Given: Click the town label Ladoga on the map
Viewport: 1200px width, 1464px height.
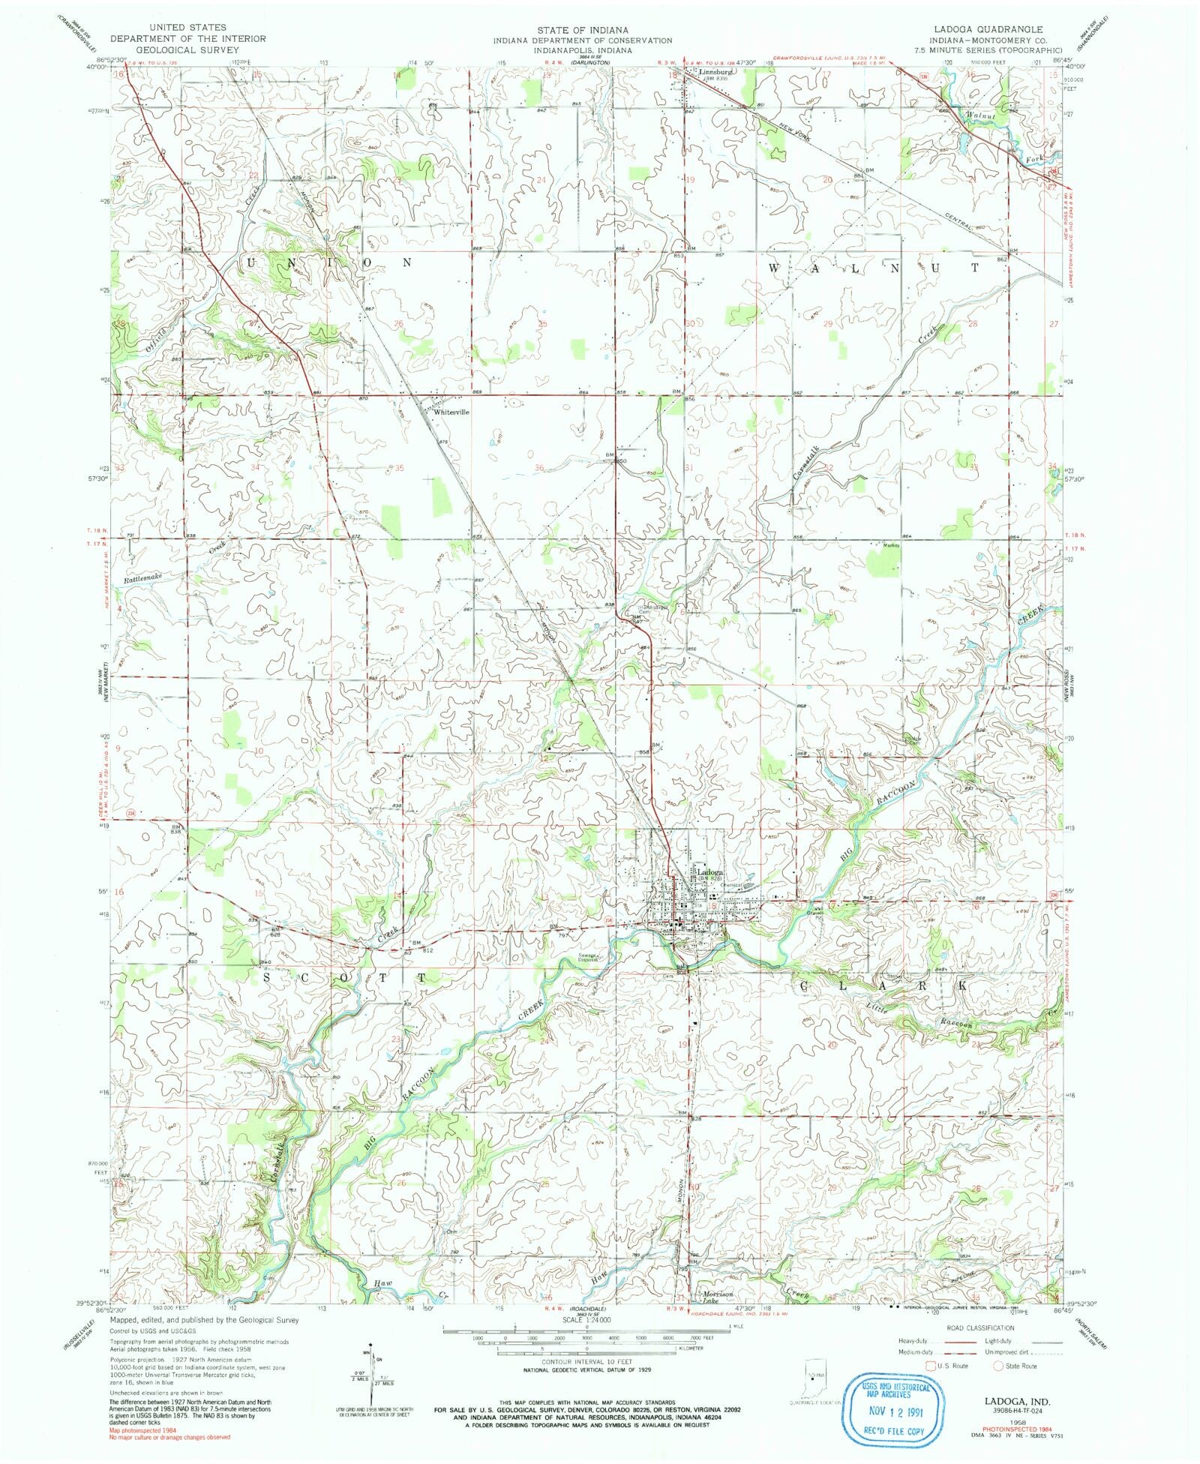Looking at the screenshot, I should coord(709,872).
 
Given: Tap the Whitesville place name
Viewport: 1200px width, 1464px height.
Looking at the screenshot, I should coord(451,412).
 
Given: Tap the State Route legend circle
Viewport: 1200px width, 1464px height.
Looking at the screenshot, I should coord(998,1366).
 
